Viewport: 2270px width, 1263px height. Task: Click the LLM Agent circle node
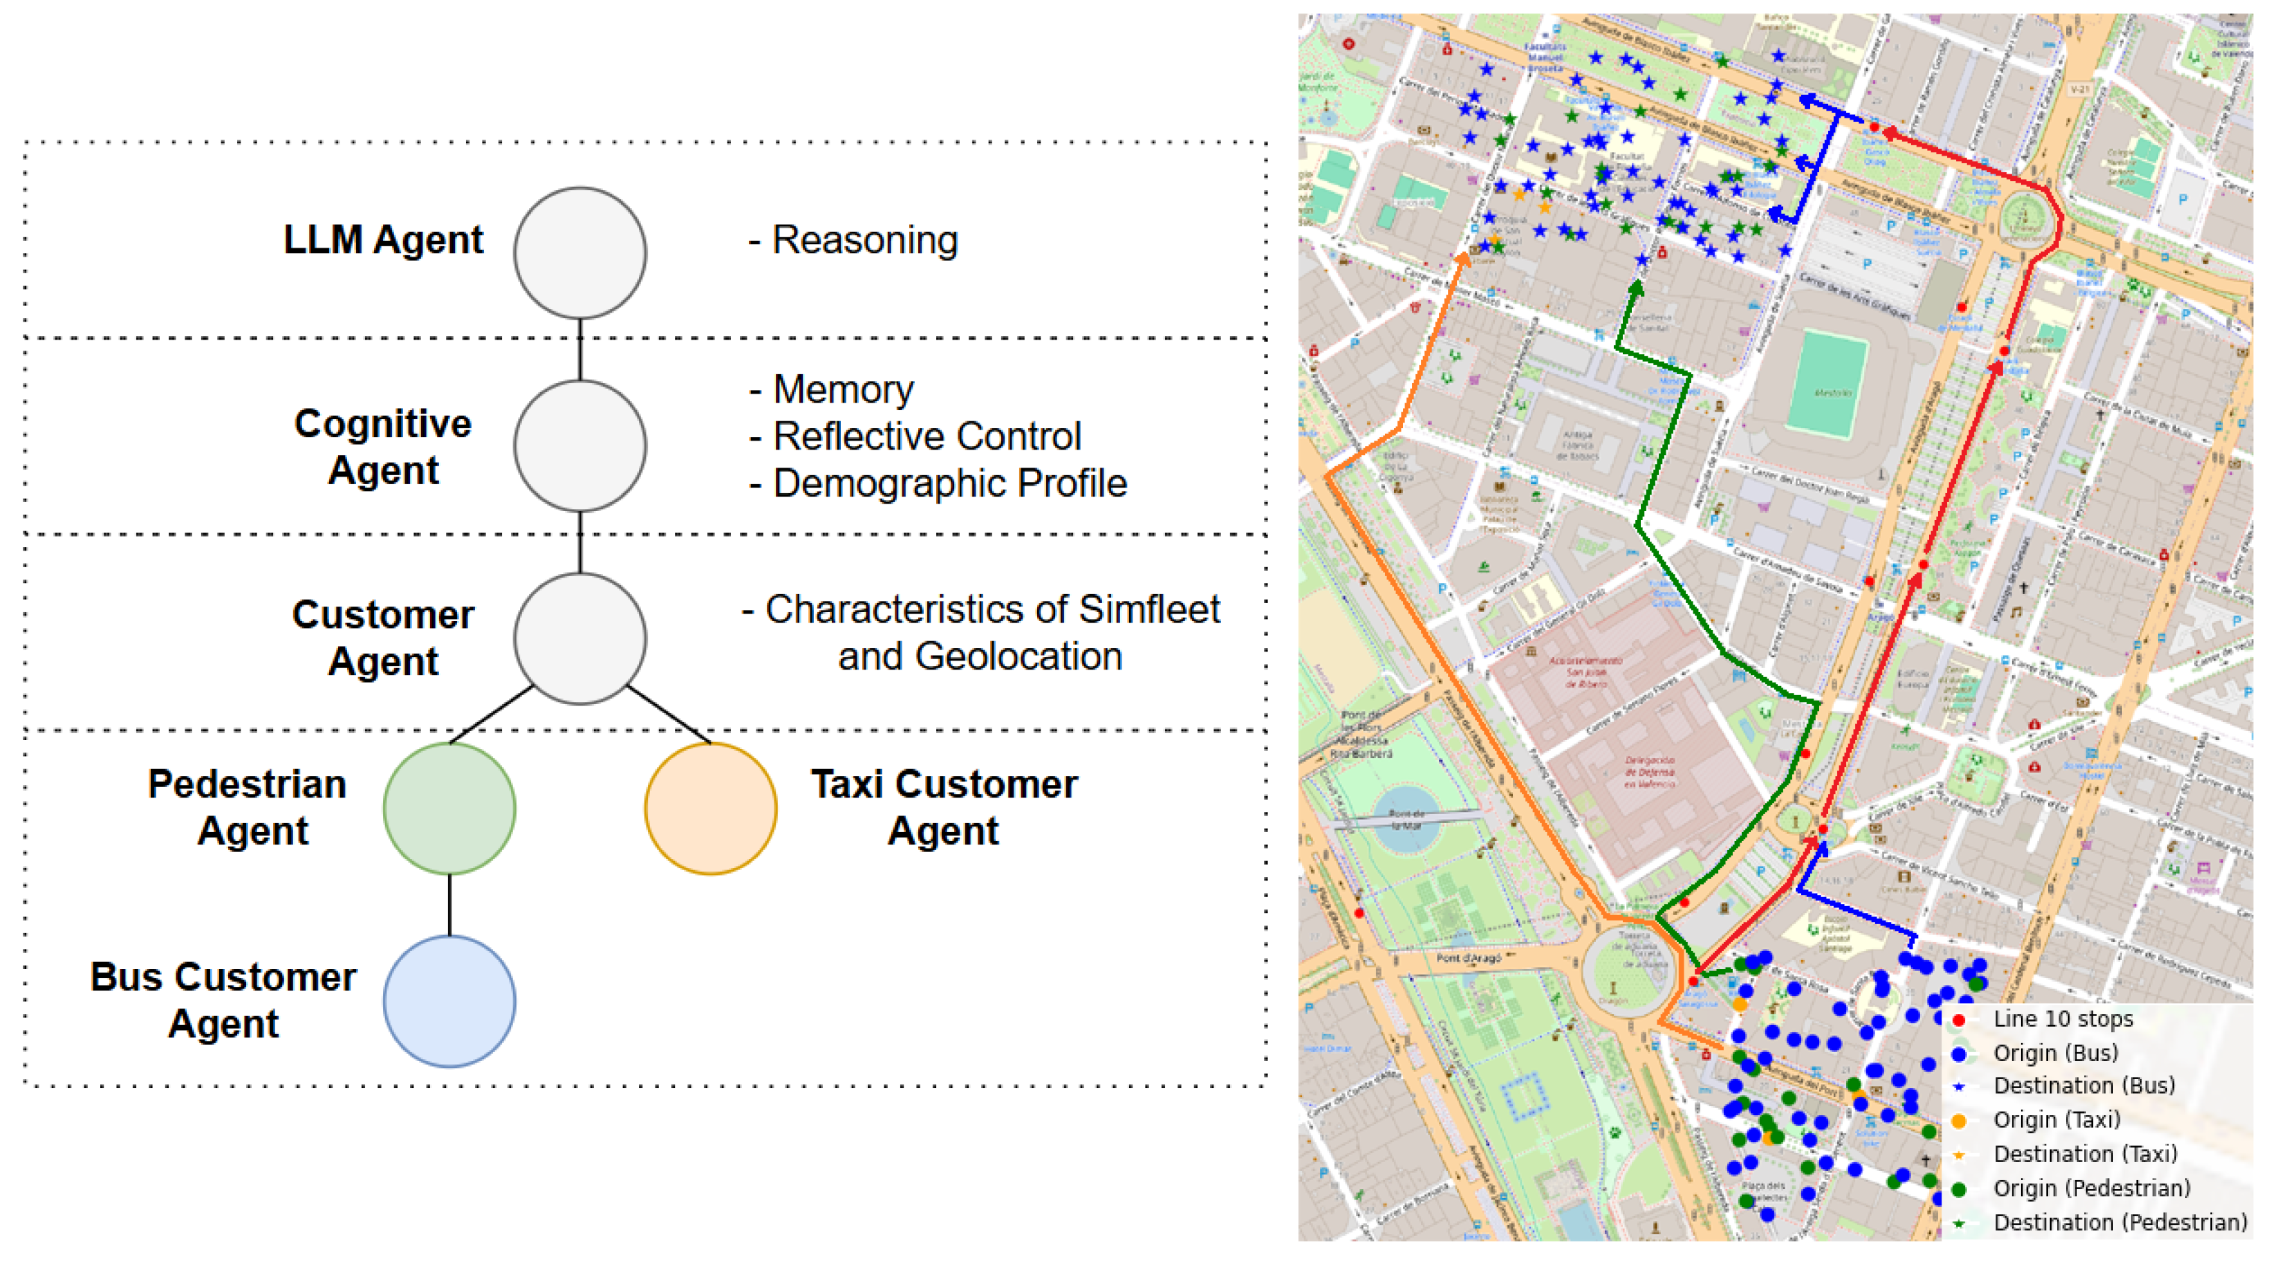tap(580, 253)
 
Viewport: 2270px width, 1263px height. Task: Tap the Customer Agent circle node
tap(580, 639)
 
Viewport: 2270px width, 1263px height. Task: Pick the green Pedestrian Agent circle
tap(449, 808)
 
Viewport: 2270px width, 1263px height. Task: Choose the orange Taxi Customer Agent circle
tap(710, 808)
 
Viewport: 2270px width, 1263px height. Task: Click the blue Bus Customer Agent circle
tap(449, 1002)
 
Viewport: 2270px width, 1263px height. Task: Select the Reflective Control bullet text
tap(926, 436)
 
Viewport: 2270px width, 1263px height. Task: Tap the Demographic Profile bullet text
tap(949, 483)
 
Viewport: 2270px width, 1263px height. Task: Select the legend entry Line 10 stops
tap(2062, 1019)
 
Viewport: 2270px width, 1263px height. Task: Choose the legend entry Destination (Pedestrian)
tap(2119, 1222)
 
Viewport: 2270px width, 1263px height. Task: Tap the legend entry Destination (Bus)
tap(2083, 1086)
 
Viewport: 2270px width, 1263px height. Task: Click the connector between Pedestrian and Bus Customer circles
tap(449, 905)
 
